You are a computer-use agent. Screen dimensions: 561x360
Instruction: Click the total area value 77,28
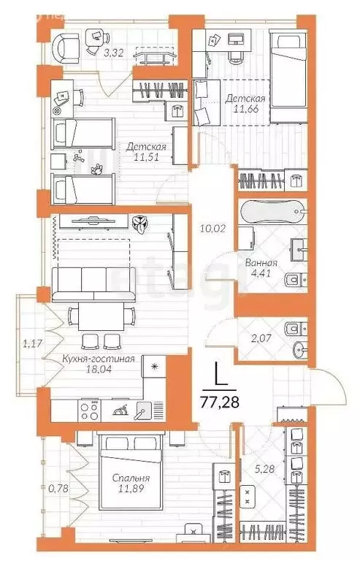[221, 400]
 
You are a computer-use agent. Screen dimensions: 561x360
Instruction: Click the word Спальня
[131, 478]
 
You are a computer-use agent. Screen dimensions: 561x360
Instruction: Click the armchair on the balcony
[65, 44]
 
